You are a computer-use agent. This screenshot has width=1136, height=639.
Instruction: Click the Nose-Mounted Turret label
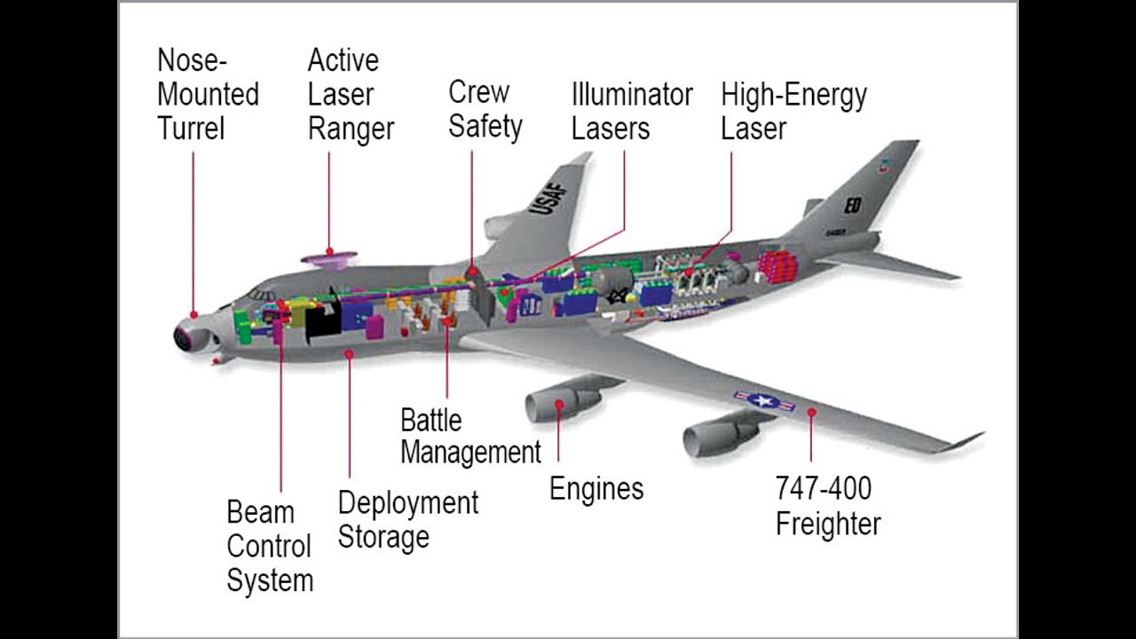pos(208,94)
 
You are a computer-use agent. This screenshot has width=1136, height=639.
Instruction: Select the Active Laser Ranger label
pos(351,94)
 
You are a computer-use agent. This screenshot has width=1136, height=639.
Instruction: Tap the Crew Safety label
pos(485,109)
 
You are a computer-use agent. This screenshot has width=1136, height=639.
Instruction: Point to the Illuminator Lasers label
pos(631,111)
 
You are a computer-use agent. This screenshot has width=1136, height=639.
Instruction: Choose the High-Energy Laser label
pos(793,111)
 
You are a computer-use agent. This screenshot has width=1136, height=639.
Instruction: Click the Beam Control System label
pos(270,546)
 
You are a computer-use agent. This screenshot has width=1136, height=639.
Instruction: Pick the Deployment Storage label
pos(407,519)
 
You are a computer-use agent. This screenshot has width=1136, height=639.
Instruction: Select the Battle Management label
pos(470,436)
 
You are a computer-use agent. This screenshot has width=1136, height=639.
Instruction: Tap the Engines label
pos(596,488)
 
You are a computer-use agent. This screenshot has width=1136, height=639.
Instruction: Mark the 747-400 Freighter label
pos(827,506)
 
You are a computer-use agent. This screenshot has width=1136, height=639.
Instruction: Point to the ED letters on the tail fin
pos(852,205)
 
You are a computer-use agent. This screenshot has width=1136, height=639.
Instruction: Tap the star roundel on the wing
pos(764,400)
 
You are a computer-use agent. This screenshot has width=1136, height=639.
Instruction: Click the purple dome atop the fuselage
pos(329,259)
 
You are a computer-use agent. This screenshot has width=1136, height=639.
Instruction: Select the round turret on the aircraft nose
pos(187,335)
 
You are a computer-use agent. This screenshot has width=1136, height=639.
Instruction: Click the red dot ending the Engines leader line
pos(559,405)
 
